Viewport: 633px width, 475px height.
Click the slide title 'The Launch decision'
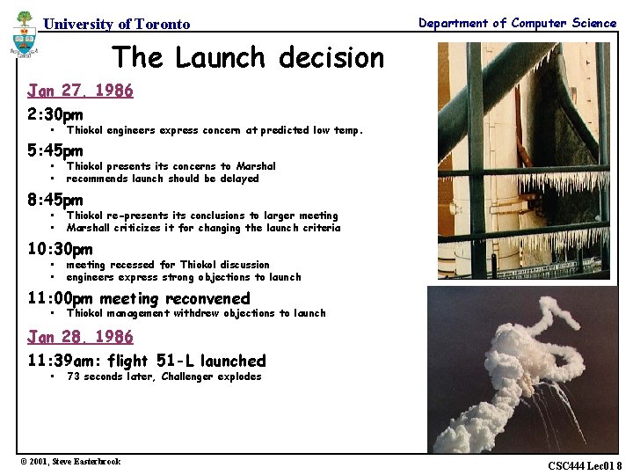248,58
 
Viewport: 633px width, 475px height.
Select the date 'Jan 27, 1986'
80,91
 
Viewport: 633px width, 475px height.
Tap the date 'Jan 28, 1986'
80,337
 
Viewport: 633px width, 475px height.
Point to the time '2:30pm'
55,114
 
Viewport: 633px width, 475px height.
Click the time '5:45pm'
55,150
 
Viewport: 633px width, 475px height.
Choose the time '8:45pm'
55,200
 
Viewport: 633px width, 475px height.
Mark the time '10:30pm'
60,249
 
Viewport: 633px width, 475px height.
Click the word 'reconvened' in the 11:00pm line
208,299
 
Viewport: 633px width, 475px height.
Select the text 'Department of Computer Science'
517,24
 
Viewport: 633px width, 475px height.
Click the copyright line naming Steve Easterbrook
70,462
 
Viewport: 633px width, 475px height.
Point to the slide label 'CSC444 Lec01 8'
584,465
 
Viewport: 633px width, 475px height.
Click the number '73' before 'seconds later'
73,376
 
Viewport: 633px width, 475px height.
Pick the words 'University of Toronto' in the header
116,25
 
